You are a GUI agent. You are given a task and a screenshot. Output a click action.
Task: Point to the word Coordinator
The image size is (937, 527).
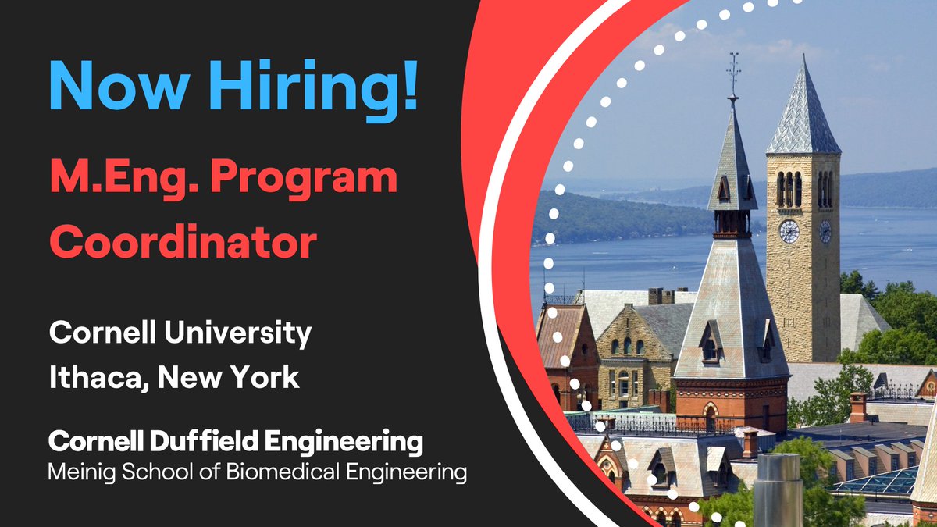tap(183, 241)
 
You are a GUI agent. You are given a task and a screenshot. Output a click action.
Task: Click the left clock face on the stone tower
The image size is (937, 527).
tap(789, 231)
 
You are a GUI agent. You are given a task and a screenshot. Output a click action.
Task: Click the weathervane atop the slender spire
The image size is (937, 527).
tap(732, 70)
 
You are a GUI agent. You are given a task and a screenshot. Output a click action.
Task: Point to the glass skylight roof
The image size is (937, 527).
tap(875, 483)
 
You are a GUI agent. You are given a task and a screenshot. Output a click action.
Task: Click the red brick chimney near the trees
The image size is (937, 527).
tap(858, 407)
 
